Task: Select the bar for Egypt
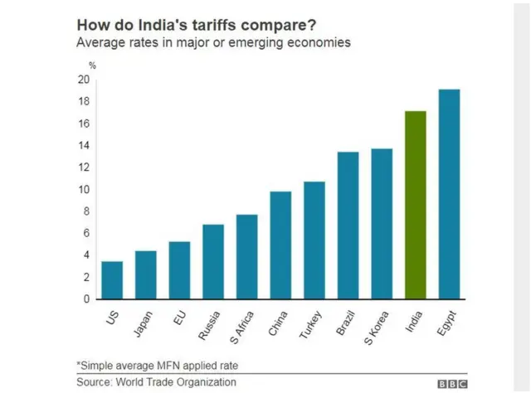[449, 194]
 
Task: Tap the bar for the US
[112, 280]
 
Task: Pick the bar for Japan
[146, 274]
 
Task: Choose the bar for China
[280, 245]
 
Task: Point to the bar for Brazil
[348, 225]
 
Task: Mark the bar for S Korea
[382, 224]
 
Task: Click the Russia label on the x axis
[211, 324]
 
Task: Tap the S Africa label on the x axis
[242, 327]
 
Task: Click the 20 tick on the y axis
[83, 80]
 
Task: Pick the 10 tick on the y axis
[83, 190]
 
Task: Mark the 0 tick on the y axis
[85, 299]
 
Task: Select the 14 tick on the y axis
[83, 146]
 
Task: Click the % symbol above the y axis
[92, 65]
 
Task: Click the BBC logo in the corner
[453, 383]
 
